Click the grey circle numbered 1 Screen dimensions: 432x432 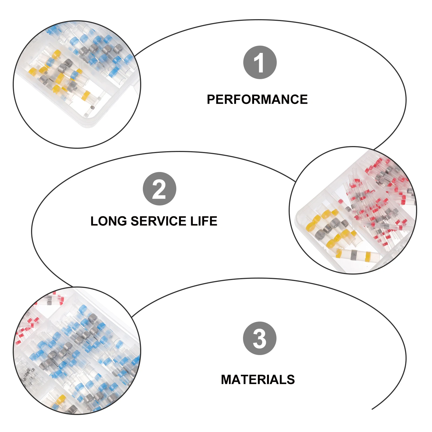point(260,62)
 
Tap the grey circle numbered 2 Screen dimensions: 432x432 point(159,189)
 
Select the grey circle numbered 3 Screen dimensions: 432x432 point(259,338)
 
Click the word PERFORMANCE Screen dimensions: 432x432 point(257,99)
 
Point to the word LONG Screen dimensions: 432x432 point(109,221)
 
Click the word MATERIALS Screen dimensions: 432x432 point(258,380)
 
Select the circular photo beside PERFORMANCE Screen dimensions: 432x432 point(77,84)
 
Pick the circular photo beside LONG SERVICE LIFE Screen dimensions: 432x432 point(353,210)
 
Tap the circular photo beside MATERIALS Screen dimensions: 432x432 point(77,350)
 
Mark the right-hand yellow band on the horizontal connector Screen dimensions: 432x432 point(367,256)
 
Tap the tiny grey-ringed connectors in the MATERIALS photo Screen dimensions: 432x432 point(27,374)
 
